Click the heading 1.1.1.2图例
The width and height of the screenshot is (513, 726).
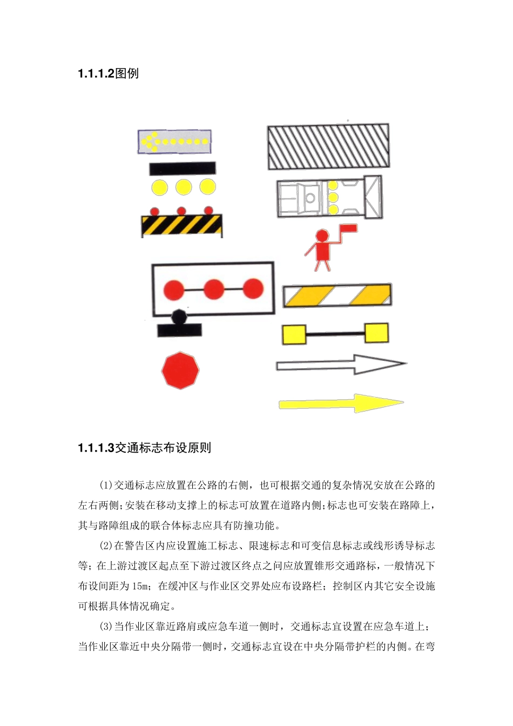pos(108,73)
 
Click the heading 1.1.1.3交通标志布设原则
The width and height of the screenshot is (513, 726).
pos(144,448)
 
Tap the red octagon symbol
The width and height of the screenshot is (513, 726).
pos(180,371)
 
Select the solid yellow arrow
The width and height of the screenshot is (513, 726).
pos(340,404)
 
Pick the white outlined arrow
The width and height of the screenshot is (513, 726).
pos(340,365)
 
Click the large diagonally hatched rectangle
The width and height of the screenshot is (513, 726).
pos(328,147)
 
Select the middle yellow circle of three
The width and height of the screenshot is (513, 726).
pos(183,187)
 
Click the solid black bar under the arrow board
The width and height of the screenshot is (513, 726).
pos(182,169)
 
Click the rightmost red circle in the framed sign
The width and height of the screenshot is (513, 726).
pos(253,288)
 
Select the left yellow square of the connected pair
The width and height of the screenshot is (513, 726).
pos(294,334)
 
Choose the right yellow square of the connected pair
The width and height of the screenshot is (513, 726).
pos(376,333)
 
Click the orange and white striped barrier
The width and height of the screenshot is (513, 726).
pos(337,295)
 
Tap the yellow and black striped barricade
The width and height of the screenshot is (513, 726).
pos(181,225)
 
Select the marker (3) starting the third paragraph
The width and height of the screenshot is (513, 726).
pos(105,627)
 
